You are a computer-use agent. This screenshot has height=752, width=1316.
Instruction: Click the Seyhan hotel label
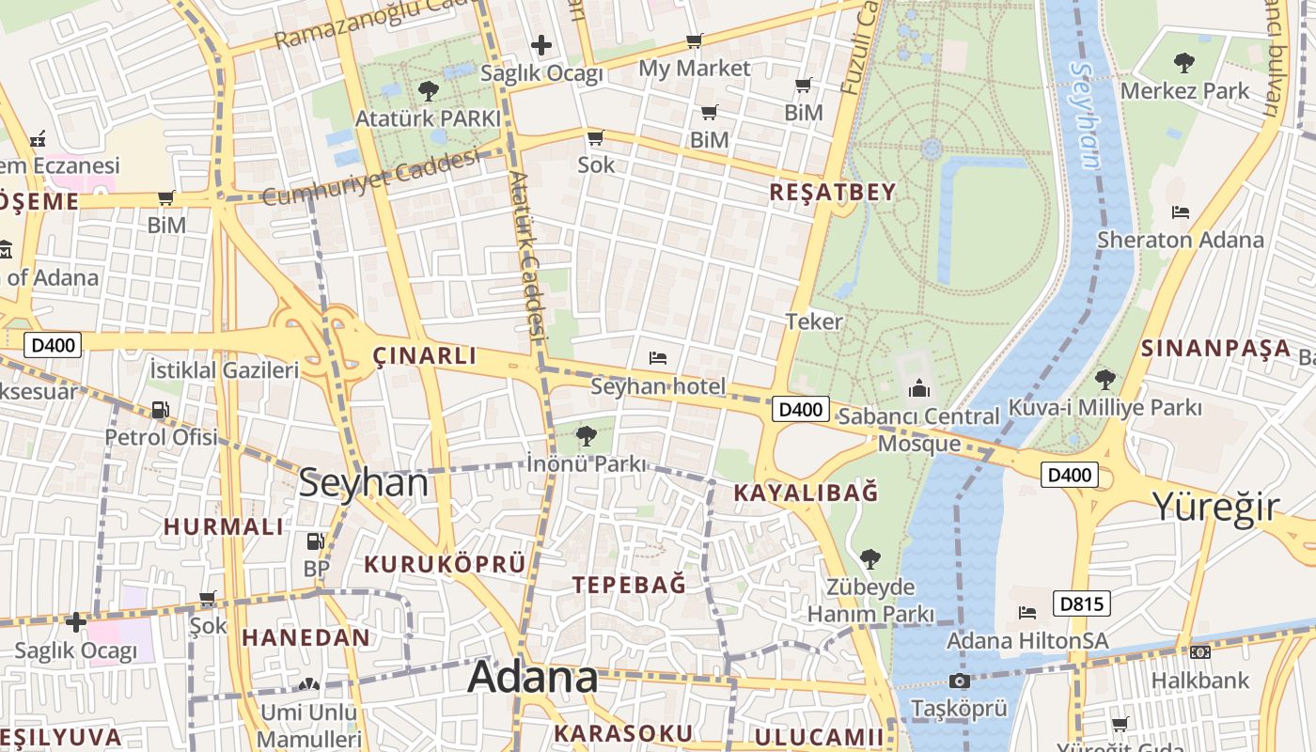tap(658, 386)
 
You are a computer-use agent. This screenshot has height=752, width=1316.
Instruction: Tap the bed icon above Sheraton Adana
tap(1182, 212)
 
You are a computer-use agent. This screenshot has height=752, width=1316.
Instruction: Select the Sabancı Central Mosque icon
tap(918, 387)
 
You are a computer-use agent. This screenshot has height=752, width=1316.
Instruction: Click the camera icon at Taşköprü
tap(959, 681)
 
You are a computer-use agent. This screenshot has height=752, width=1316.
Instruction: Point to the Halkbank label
tap(1200, 680)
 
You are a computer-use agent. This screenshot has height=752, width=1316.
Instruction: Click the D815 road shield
tap(1081, 603)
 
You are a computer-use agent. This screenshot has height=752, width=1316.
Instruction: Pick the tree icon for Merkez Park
tap(1184, 63)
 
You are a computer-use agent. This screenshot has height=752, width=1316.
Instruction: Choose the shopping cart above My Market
tap(694, 40)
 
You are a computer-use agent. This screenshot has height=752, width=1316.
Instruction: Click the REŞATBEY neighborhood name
tap(833, 192)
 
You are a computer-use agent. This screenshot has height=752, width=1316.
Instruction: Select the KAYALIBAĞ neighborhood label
tap(806, 492)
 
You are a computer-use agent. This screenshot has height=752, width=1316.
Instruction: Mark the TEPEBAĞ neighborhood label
tap(629, 584)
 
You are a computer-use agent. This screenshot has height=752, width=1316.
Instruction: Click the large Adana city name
tap(532, 677)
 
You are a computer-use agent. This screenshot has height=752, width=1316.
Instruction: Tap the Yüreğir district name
tap(1215, 507)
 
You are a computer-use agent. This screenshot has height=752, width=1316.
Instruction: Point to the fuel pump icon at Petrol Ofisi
tap(161, 410)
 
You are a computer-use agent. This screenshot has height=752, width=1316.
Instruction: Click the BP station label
tap(316, 569)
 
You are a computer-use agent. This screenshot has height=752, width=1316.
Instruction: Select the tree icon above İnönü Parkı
tap(586, 435)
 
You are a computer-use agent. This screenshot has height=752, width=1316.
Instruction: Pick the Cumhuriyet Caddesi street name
tap(370, 178)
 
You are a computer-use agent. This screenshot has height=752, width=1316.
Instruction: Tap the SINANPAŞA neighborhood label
tap(1215, 349)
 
